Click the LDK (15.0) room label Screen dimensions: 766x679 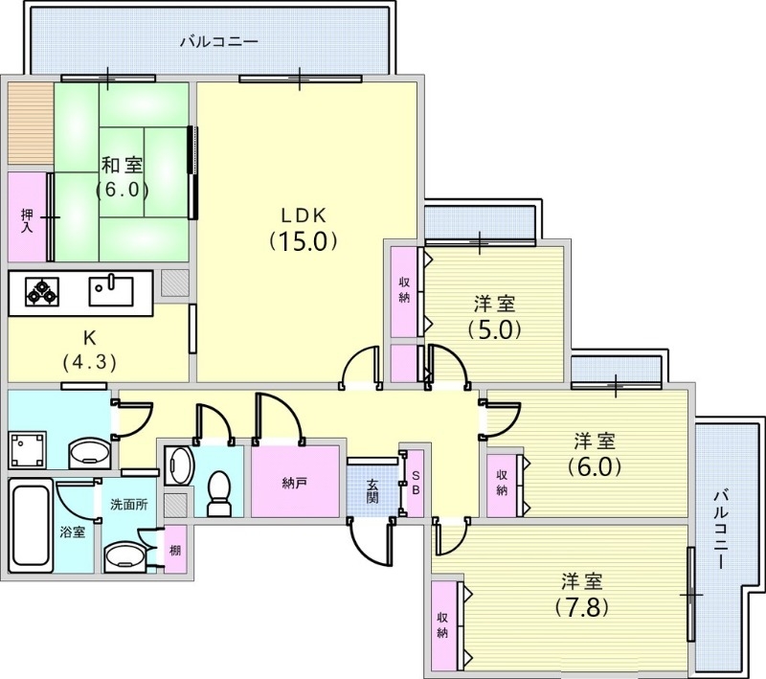(x=304, y=229)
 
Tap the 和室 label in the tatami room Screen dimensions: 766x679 (x=123, y=165)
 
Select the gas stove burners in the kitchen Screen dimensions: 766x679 (x=42, y=292)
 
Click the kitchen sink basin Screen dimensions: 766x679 (x=111, y=291)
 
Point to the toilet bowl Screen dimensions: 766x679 (x=219, y=493)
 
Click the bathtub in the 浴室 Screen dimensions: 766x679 (x=31, y=525)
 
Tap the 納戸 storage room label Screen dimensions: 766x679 (x=295, y=484)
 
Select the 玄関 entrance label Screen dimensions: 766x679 (x=372, y=491)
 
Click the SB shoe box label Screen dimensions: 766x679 (x=416, y=483)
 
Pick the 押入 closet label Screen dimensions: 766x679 (x=27, y=221)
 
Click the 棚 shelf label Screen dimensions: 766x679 (x=175, y=550)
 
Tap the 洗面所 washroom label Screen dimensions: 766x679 (x=129, y=504)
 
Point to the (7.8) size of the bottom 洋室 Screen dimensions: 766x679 (x=582, y=608)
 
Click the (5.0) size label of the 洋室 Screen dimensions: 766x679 (x=494, y=330)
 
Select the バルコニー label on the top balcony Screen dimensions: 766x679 (x=219, y=41)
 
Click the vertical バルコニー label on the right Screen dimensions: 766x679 (x=721, y=530)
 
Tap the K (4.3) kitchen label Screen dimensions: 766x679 (x=89, y=350)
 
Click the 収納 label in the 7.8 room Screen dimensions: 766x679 (x=442, y=625)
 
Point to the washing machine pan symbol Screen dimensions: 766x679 (x=28, y=449)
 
